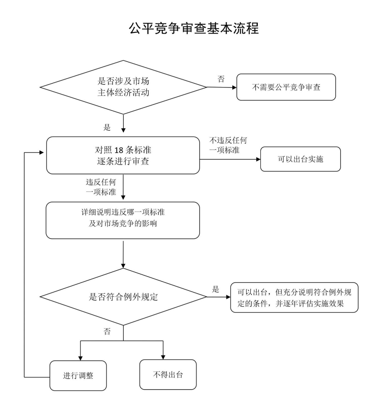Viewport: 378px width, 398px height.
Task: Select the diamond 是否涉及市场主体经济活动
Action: coord(123,87)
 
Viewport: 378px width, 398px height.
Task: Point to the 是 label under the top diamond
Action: coord(107,127)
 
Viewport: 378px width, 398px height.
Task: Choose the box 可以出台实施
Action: coord(300,159)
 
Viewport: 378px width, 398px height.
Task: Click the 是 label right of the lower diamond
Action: coord(216,290)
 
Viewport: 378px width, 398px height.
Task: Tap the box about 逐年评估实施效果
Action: coord(294,297)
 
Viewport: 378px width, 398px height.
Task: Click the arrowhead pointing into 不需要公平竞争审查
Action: coord(234,87)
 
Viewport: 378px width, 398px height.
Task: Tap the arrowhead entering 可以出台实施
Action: coord(257,159)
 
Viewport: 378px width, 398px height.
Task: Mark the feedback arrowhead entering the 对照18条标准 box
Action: coord(43,152)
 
